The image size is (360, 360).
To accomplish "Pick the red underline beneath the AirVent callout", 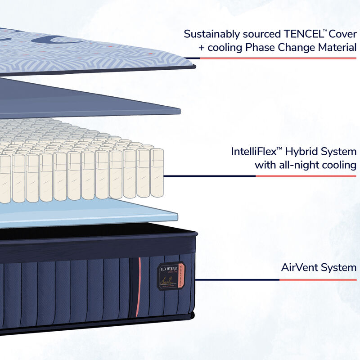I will coord(318,279).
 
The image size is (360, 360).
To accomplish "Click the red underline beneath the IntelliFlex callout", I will coord(306,176).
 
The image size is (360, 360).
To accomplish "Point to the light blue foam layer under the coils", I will coord(90,211).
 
